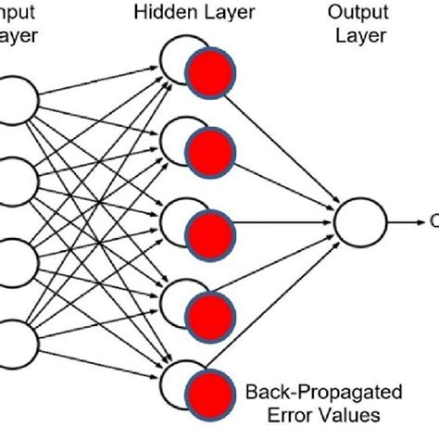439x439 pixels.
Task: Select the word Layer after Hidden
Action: (x=235, y=12)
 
